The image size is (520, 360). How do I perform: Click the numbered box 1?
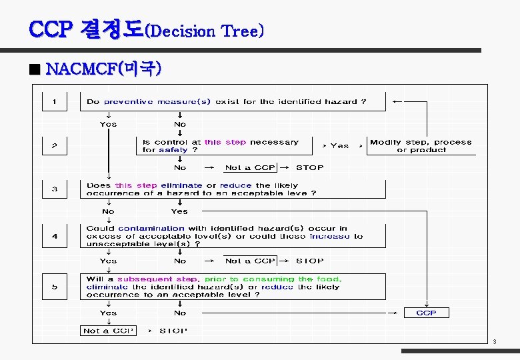tap(55, 102)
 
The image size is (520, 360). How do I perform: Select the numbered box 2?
tap(55, 145)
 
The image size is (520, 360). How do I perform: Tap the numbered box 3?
tap(55, 189)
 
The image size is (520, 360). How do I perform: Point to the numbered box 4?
tap(55, 235)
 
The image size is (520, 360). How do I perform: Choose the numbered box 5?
tap(55, 287)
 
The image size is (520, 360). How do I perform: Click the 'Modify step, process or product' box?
tap(421, 146)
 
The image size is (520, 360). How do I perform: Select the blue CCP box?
tap(426, 313)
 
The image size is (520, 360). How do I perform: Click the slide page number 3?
tap(494, 342)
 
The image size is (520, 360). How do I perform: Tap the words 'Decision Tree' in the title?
tap(207, 31)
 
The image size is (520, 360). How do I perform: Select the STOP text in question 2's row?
tap(309, 168)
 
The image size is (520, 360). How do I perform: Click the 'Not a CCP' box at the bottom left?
tap(108, 331)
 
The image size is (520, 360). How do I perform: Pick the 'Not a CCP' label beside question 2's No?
tap(250, 168)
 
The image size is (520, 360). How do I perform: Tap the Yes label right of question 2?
tap(339, 145)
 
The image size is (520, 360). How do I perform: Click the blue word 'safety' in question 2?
tap(173, 150)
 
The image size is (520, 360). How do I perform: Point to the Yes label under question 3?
tap(179, 211)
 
